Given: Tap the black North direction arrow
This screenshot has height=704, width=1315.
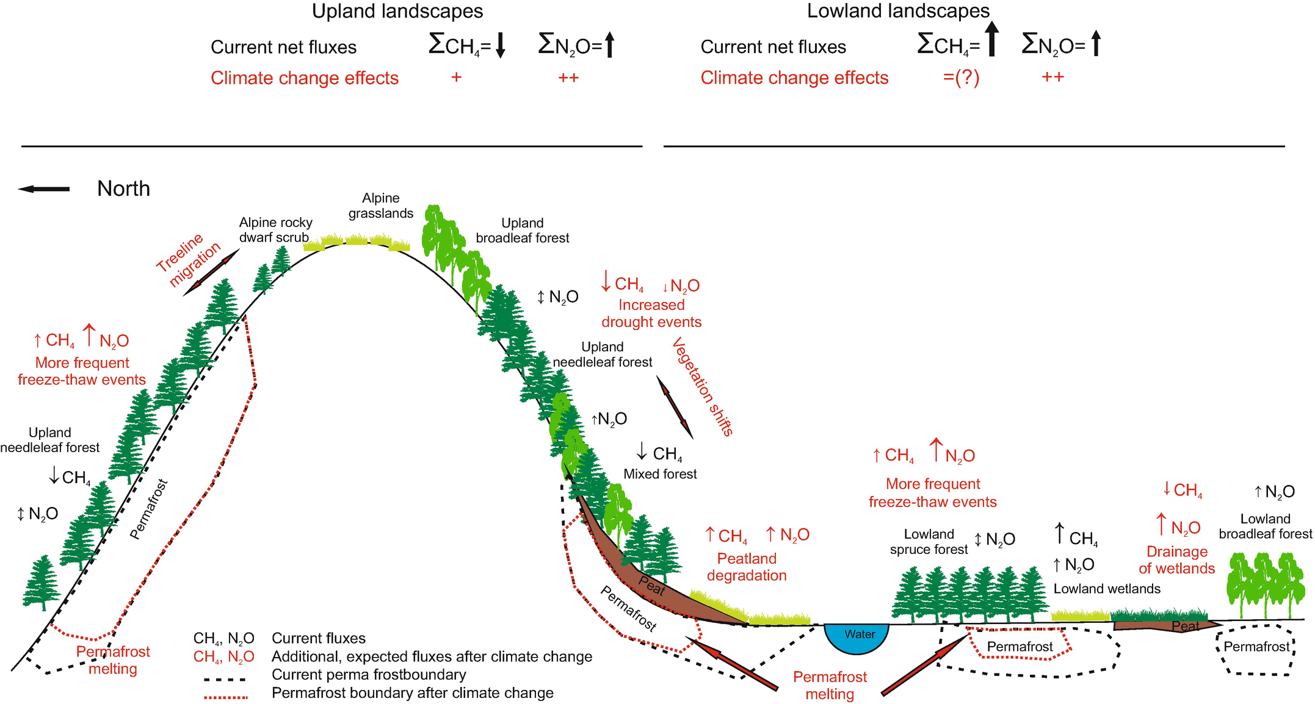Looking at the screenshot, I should click(44, 189).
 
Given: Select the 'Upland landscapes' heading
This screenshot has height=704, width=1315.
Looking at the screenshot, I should click(397, 11).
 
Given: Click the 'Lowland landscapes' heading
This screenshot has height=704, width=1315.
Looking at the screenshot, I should click(898, 11).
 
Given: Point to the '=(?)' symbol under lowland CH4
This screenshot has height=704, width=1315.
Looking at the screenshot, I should click(961, 78).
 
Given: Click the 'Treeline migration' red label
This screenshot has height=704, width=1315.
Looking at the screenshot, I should click(187, 260).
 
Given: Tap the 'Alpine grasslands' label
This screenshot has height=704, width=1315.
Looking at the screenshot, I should click(380, 206).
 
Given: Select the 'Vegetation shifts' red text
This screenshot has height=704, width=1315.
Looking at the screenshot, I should click(703, 387).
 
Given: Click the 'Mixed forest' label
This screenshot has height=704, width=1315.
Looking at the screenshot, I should click(660, 474).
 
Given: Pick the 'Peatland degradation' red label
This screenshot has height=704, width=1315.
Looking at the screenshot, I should click(747, 567).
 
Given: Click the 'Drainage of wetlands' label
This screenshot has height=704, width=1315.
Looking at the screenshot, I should click(1176, 560).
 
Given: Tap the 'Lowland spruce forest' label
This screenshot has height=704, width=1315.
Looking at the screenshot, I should click(929, 542).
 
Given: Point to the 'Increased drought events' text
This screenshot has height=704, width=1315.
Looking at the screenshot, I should click(651, 314).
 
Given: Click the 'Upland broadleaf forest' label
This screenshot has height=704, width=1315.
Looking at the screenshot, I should click(523, 231).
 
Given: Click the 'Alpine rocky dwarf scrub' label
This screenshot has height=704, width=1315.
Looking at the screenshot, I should click(275, 230).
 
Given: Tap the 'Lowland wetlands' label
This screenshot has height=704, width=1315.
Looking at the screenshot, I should click(1107, 589).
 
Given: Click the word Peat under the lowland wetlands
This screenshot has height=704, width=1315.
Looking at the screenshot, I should click(1185, 626).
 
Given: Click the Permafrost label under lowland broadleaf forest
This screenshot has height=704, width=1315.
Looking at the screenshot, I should click(1256, 647).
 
